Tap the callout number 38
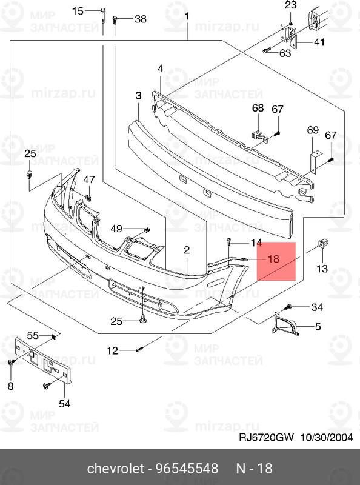coord(140,19)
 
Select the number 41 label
coord(319,42)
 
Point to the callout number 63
coord(285,53)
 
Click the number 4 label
coord(160,69)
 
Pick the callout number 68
coord(258,109)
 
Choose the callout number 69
coord(312,130)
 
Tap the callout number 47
coord(89,179)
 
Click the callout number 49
coord(116,229)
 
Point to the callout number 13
coord(321,269)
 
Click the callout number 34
coord(318,307)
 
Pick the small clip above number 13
coord(322,245)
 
